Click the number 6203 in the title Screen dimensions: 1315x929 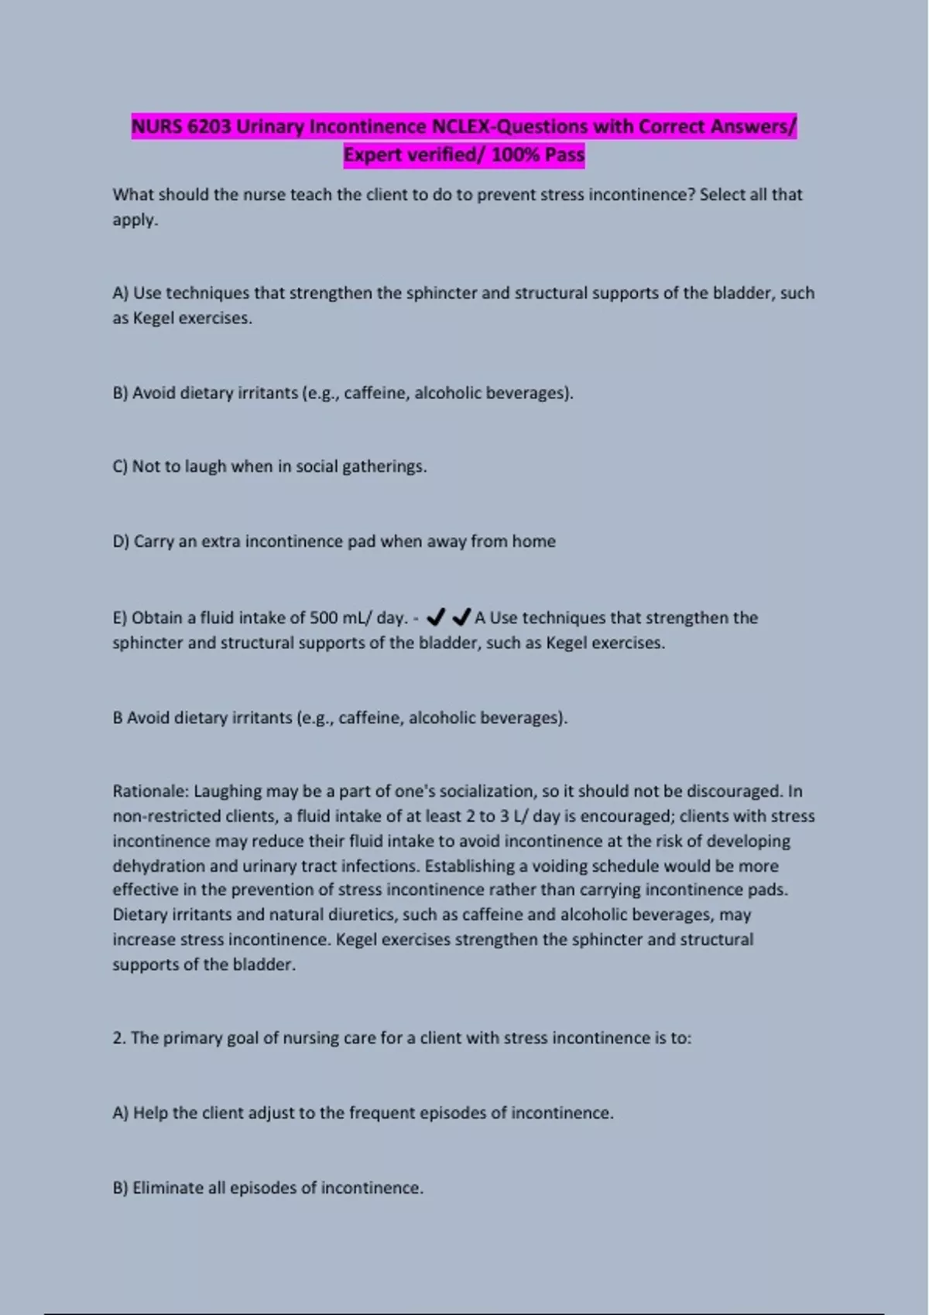208,126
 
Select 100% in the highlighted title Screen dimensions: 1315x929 516,155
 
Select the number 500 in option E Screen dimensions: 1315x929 323,617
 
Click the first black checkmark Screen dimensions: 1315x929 436,617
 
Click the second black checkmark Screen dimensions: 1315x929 461,617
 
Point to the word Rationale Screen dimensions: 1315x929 151,791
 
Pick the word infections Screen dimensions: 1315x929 379,866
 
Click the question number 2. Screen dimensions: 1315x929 118,1038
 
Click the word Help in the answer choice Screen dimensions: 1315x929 150,1113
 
